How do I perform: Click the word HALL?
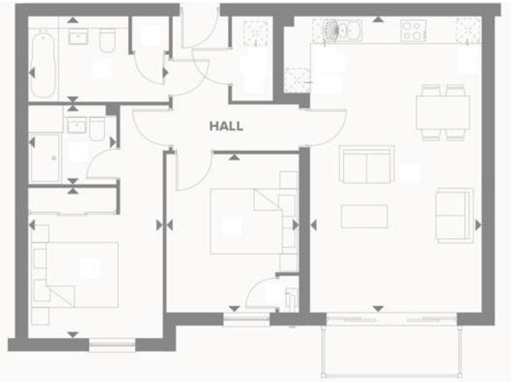[226, 126]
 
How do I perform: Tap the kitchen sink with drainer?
[343, 31]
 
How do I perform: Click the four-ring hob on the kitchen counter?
[413, 31]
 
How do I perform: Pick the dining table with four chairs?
[442, 112]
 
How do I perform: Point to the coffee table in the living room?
[364, 216]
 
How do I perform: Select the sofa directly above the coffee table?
[366, 164]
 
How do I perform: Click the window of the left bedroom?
[112, 344]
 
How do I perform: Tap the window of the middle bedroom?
[246, 320]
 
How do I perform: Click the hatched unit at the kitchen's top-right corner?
[468, 31]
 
